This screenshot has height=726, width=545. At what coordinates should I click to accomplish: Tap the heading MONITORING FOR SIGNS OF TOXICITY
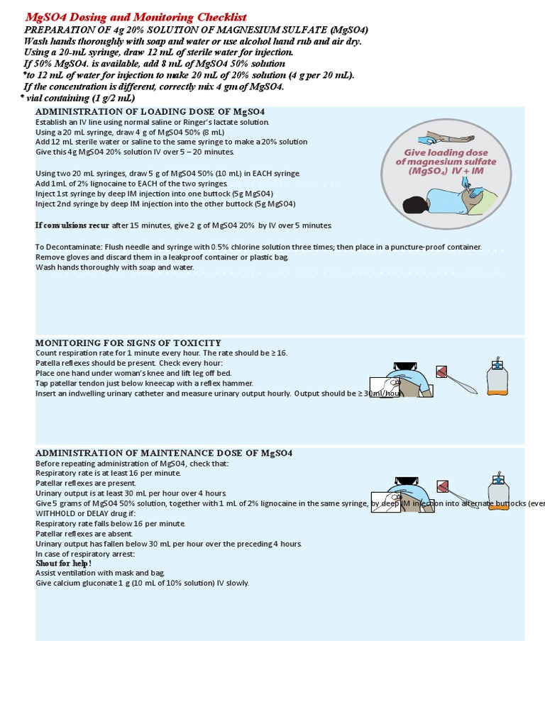128,343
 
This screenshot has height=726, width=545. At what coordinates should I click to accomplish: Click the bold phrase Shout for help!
64,563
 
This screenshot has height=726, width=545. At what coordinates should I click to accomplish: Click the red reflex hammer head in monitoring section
442,372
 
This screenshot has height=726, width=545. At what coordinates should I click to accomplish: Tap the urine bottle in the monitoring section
497,378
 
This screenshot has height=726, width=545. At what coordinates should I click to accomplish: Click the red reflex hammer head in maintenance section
443,486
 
